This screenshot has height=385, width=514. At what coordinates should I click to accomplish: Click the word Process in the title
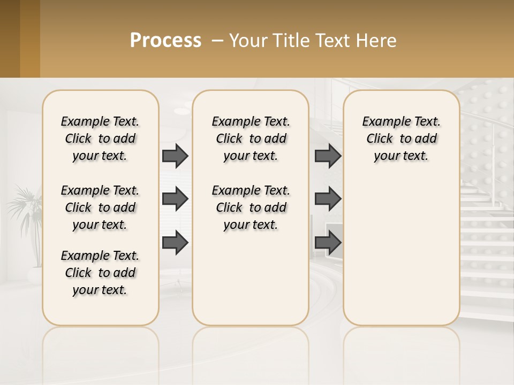click(x=165, y=41)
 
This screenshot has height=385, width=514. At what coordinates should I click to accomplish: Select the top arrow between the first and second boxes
click(x=175, y=156)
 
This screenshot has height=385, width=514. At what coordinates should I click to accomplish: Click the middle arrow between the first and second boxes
click(x=175, y=199)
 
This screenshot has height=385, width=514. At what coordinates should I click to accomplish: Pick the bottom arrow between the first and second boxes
click(x=175, y=242)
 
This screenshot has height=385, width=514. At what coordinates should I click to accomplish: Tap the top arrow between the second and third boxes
click(x=328, y=156)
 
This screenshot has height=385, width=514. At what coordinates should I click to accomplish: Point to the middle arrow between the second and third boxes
click(x=328, y=199)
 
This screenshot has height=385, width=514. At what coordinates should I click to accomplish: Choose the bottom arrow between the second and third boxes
click(x=328, y=242)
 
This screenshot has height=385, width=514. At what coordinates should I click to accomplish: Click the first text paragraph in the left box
click(x=100, y=138)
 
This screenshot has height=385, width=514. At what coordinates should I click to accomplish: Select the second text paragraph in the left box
click(x=100, y=207)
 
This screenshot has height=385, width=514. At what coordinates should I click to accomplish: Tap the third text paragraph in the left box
click(x=100, y=273)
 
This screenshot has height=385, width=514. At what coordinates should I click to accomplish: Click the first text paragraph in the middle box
click(x=251, y=138)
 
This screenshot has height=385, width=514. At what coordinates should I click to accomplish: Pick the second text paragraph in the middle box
click(x=251, y=207)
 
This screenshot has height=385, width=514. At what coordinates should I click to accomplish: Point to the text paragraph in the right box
click(x=401, y=138)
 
